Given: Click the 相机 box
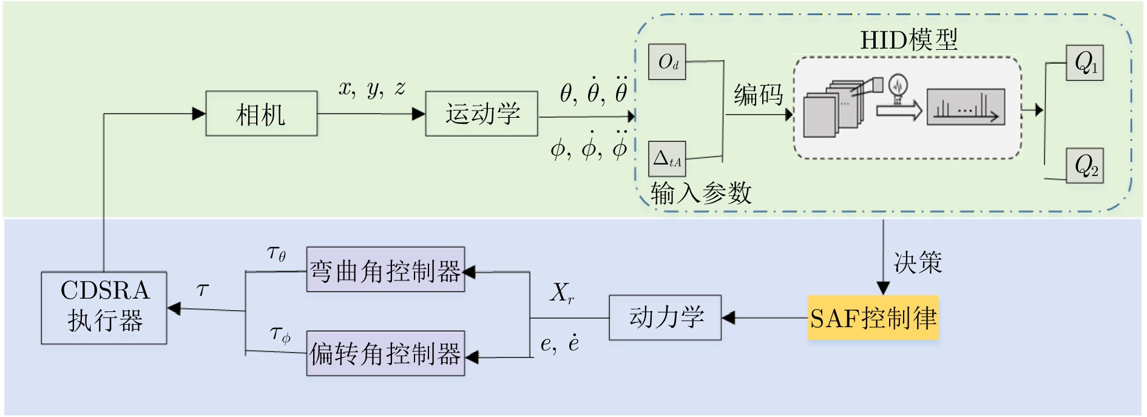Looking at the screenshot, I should click(x=261, y=114).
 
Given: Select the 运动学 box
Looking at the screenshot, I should click(x=481, y=114).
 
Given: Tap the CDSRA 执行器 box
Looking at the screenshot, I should click(x=104, y=308).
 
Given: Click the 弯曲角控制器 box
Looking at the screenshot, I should click(x=385, y=270).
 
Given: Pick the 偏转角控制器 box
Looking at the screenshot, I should click(x=385, y=353).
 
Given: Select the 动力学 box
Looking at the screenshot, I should click(x=665, y=317).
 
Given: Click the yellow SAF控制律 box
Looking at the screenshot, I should click(x=873, y=317).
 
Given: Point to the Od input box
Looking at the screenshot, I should click(x=667, y=62).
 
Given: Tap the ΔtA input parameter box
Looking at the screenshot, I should click(x=667, y=159).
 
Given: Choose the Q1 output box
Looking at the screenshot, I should click(x=1085, y=63).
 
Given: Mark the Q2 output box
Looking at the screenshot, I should click(x=1085, y=166).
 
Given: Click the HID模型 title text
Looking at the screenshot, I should click(x=908, y=40).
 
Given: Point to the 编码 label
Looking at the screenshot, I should click(x=758, y=95).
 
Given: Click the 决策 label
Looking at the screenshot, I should click(x=917, y=262).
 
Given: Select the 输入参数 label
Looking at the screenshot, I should click(x=700, y=193).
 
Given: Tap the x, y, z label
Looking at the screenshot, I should click(x=371, y=89).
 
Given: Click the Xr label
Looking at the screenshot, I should click(x=562, y=293).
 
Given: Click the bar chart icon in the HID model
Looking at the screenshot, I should click(x=966, y=107).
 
